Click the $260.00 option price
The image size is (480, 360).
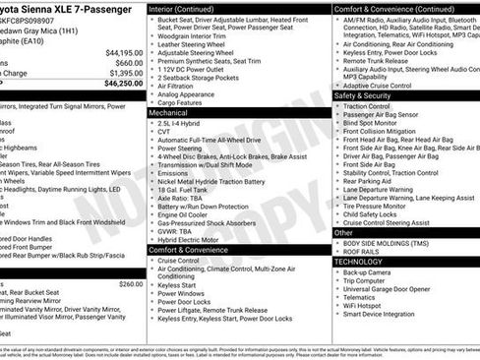(130, 283)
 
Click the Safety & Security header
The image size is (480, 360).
(363, 95)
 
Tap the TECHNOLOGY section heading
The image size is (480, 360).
(358, 262)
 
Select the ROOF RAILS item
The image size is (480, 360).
(362, 251)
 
